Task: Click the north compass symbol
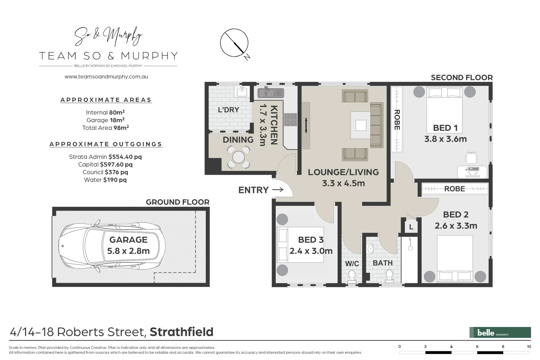tap(234, 43)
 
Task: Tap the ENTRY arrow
tap(278, 190)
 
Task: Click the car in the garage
tap(112, 246)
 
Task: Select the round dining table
tap(238, 157)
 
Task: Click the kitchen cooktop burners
tap(291, 120)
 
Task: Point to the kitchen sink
tap(270, 93)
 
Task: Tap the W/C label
tap(352, 264)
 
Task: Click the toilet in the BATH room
tap(389, 275)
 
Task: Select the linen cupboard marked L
tap(411, 227)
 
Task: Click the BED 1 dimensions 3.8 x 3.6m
tap(445, 139)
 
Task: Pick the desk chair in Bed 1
tap(471, 157)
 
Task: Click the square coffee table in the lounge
tap(361, 125)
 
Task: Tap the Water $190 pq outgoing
tap(105, 180)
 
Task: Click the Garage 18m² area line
tap(105, 120)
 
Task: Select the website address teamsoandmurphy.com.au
tap(106, 76)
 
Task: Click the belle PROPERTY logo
tap(500, 332)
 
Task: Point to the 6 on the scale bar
tap(477, 347)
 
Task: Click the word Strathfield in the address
tap(181, 332)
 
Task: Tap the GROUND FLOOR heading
tap(177, 202)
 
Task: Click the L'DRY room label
tap(228, 110)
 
